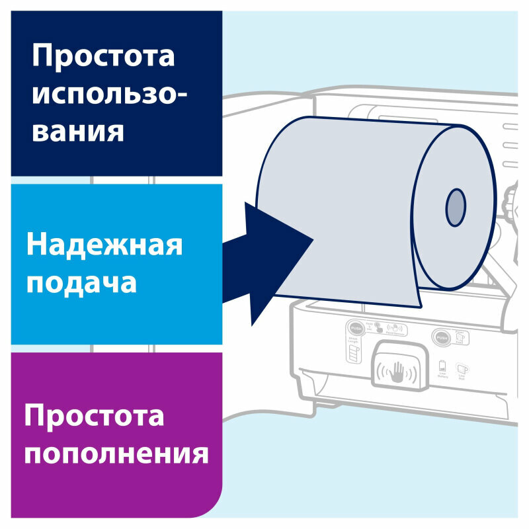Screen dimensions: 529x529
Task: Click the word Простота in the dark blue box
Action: pyautogui.click(x=104, y=57)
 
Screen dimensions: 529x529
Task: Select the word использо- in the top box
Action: pyautogui.click(x=109, y=94)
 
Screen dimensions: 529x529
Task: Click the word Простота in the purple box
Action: pyautogui.click(x=94, y=417)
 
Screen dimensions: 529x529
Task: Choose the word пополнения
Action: pyautogui.click(x=116, y=454)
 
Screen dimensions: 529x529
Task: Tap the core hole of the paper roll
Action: pyautogui.click(x=455, y=206)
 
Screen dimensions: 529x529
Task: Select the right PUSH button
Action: pyautogui.click(x=441, y=337)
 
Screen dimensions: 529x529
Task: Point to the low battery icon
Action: pyautogui.click(x=442, y=366)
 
